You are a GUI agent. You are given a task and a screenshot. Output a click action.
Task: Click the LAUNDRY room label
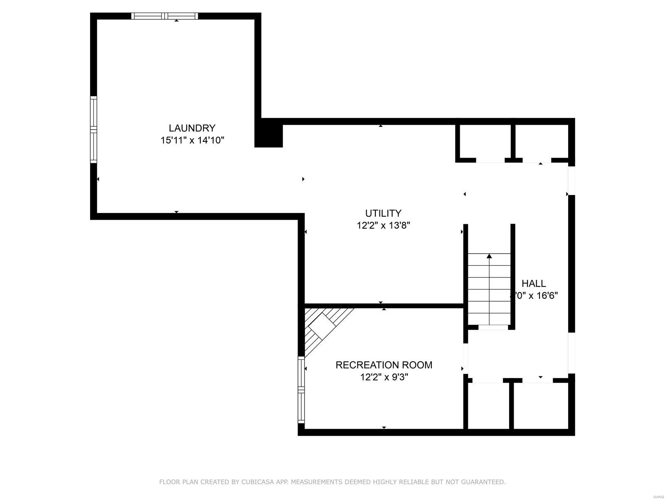tap(192, 128)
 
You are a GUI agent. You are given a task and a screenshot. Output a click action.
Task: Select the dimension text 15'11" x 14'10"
tap(192, 141)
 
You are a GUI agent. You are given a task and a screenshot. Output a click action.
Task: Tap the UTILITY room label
tap(383, 213)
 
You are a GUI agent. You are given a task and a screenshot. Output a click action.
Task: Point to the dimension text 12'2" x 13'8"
tap(383, 226)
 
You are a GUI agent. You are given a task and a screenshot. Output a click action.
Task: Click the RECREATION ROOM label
tap(384, 365)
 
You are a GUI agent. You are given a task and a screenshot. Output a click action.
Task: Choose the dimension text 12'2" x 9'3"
tap(384, 378)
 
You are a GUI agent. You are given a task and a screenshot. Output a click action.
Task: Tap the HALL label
tap(534, 284)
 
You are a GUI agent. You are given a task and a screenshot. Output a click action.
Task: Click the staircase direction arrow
tap(489, 257)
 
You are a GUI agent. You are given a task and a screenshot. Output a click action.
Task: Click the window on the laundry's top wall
tap(165, 16)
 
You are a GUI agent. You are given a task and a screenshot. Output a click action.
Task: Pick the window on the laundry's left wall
tap(94, 129)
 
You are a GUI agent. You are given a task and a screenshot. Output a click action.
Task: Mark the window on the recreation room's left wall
tap(301, 390)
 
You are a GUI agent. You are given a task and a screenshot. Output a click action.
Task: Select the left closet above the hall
tap(485, 141)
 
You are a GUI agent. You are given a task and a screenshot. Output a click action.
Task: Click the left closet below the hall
tap(488, 405)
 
